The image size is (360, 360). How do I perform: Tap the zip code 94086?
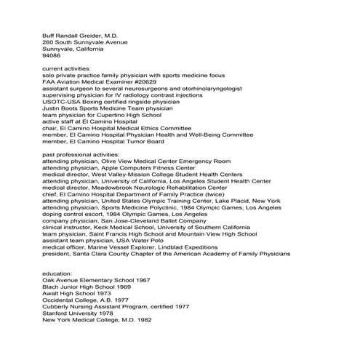pos(52,55)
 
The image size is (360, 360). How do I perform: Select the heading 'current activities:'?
pos(68,68)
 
